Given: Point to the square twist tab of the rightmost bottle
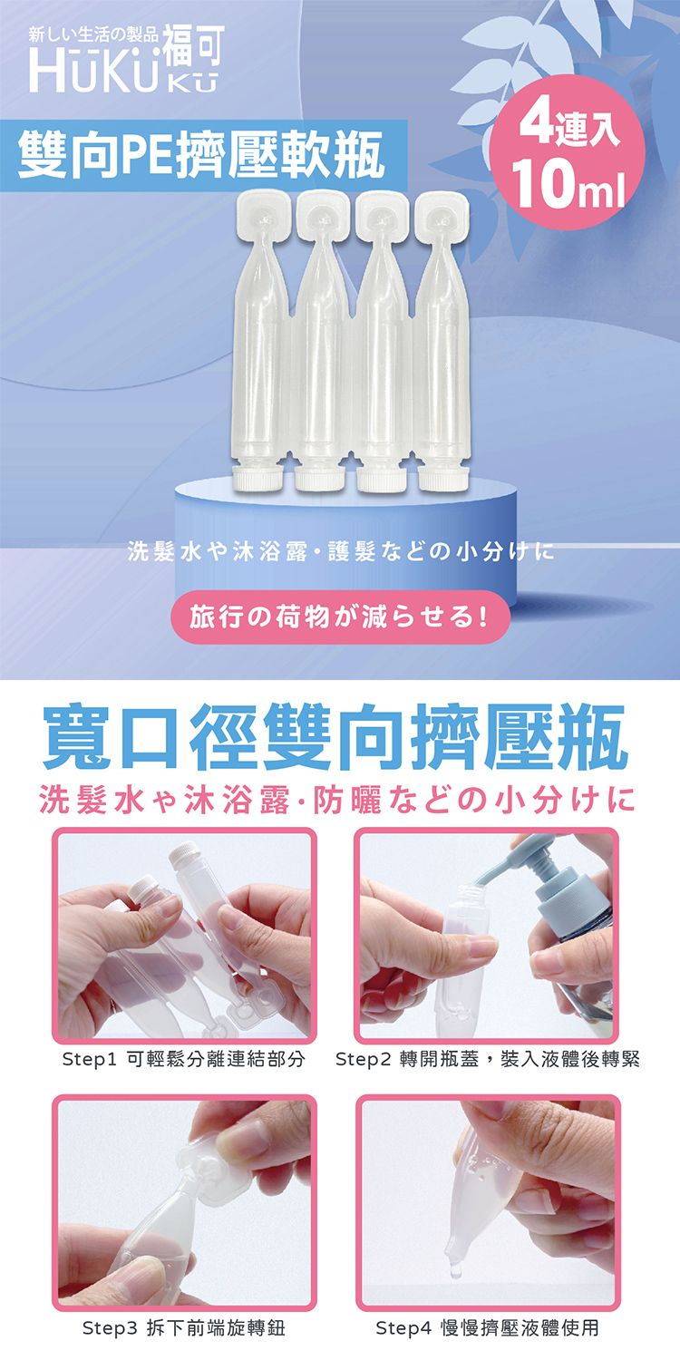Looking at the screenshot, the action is (x=442, y=217).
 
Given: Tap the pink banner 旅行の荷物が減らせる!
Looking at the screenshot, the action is (x=339, y=617).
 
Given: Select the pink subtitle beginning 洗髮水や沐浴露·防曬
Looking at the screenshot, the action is (x=337, y=800).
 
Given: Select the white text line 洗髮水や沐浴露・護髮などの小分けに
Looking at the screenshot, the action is (x=340, y=551).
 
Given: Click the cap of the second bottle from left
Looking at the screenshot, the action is (x=319, y=479).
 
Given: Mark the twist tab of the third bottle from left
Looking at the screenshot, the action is (x=383, y=217).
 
